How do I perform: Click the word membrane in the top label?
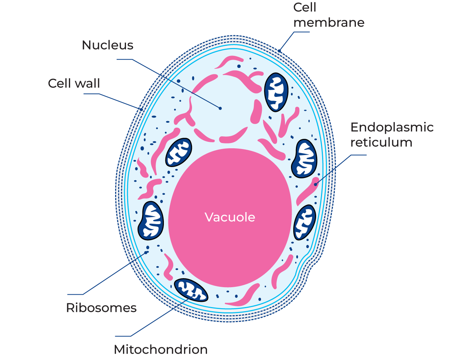pyautogui.click(x=329, y=23)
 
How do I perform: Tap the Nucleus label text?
pyautogui.click(x=107, y=45)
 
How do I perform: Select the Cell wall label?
pyautogui.click(x=74, y=83)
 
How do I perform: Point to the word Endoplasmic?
pyautogui.click(x=392, y=127)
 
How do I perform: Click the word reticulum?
pyautogui.click(x=381, y=143)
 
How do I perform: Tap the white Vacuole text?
pyautogui.click(x=230, y=217)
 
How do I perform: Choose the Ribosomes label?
pyautogui.click(x=101, y=308)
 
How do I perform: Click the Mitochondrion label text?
pyautogui.click(x=160, y=350)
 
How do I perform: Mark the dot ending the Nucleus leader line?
pyautogui.click(x=220, y=108)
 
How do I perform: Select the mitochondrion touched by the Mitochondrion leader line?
pyautogui.click(x=191, y=290)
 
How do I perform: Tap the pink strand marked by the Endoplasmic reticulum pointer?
pyautogui.click(x=308, y=191)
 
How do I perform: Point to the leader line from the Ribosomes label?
pyautogui.click(x=112, y=274)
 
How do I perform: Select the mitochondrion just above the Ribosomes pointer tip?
pyautogui.click(x=151, y=221)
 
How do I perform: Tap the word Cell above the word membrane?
pyautogui.click(x=305, y=7)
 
